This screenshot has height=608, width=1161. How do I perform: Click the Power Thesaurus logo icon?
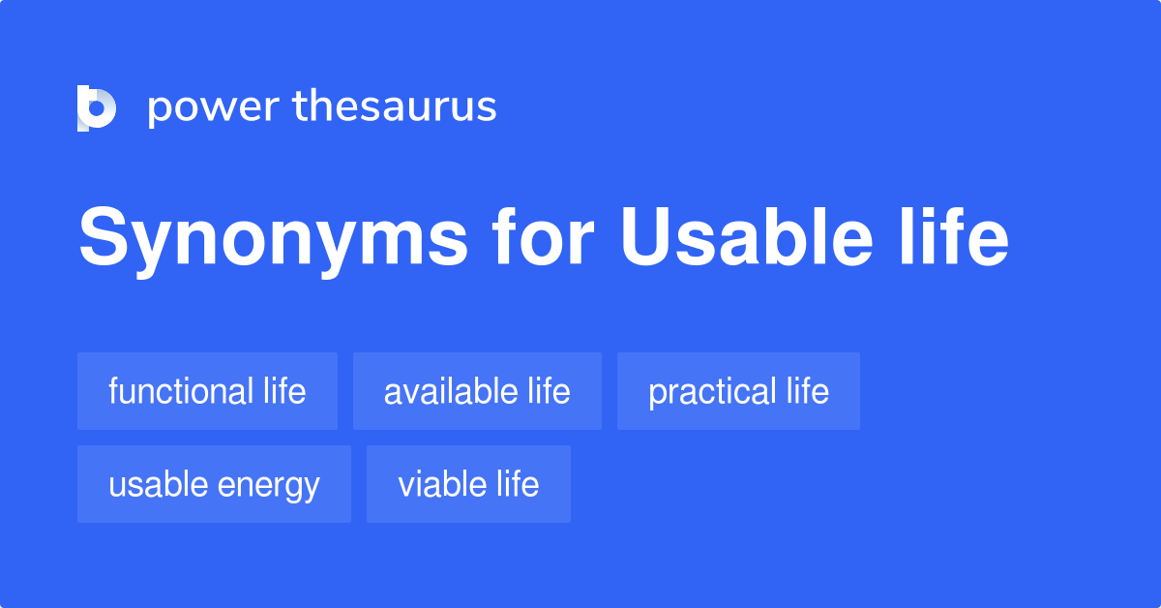tap(97, 107)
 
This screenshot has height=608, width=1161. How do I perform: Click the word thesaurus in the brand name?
tap(395, 106)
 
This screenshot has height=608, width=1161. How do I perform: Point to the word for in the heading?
tap(543, 236)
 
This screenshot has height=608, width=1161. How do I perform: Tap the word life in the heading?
tap(954, 236)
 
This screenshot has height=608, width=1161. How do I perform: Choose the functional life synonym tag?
tap(207, 391)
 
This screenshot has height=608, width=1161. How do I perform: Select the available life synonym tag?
tap(477, 391)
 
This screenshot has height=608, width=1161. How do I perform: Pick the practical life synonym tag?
tap(738, 391)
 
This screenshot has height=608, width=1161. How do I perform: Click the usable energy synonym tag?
tap(214, 484)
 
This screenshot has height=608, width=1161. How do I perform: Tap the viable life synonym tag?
tap(468, 484)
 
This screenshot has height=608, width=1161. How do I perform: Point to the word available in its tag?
tap(451, 391)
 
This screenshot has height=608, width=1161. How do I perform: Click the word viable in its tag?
tap(442, 484)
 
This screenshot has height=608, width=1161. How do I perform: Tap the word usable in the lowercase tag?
tap(159, 484)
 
